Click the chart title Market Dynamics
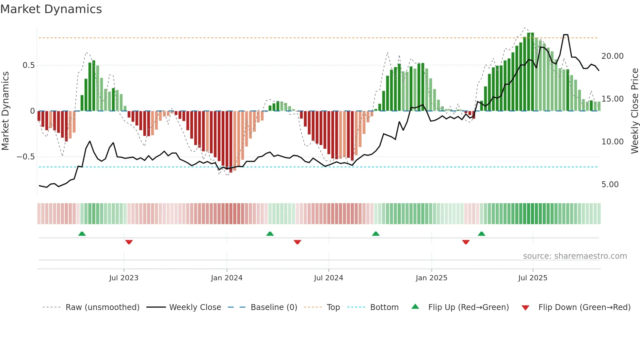pyautogui.click(x=51, y=9)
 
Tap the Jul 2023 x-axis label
pyautogui.click(x=124, y=278)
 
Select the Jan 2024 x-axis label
pyautogui.click(x=227, y=278)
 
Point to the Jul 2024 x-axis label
pyautogui.click(x=328, y=278)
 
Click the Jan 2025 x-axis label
pyautogui.click(x=431, y=278)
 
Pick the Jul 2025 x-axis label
pyautogui.click(x=533, y=278)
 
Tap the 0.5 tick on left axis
pyautogui.click(x=28, y=65)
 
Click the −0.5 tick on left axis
pyautogui.click(x=26, y=157)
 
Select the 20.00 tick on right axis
pyautogui.click(x=612, y=56)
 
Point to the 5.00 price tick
pyautogui.click(x=610, y=185)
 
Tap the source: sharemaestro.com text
pyautogui.click(x=575, y=256)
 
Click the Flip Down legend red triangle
pyautogui.click(x=525, y=308)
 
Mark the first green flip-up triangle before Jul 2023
pyautogui.click(x=82, y=234)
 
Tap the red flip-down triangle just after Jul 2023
pyautogui.click(x=129, y=242)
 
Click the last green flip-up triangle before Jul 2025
pyautogui.click(x=481, y=234)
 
